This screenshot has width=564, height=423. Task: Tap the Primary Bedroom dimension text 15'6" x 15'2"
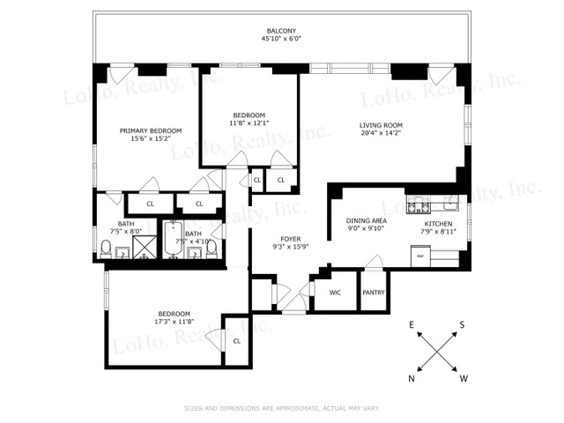coord(151,138)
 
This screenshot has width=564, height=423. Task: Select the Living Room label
coord(380,124)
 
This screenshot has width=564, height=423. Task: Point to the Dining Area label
coord(366,221)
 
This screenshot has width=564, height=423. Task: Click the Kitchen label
coord(438,224)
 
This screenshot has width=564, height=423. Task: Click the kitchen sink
coord(449,205)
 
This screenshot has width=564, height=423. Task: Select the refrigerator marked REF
coord(421,256)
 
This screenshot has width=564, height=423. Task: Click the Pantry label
coord(374,293)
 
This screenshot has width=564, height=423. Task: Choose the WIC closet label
coord(335,293)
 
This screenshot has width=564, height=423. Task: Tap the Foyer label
coord(291,239)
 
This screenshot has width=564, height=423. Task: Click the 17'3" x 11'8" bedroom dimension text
coord(174,322)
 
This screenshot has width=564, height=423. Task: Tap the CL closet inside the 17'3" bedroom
coord(236,341)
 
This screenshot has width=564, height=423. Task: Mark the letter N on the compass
coord(412,378)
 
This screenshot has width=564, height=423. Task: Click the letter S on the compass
coord(462,325)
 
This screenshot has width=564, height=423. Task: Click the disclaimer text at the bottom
coord(281,408)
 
